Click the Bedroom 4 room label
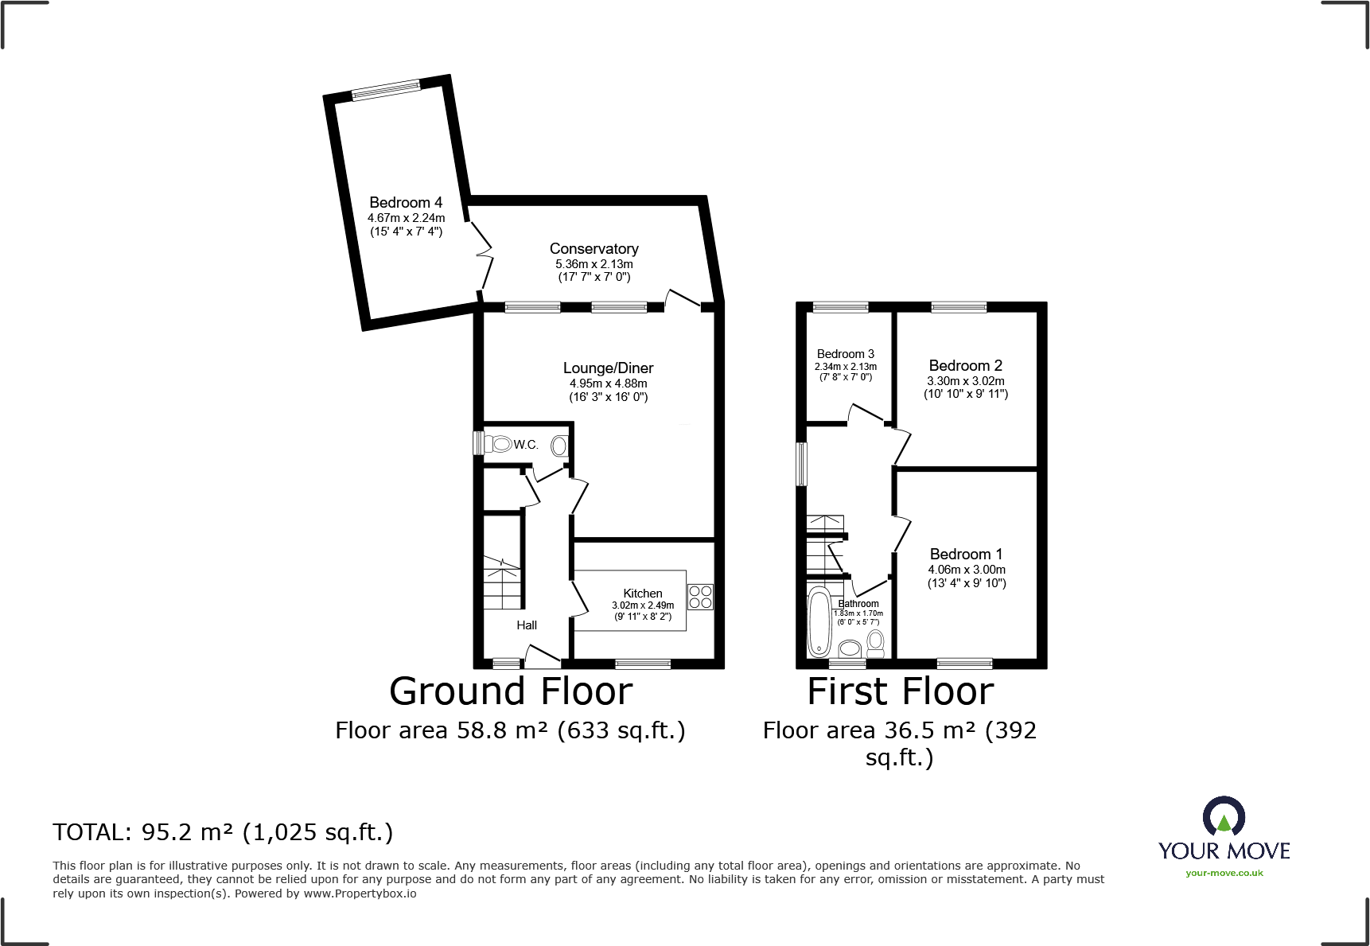[x=406, y=202]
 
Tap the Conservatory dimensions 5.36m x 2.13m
[x=594, y=263]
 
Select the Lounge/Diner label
[x=608, y=368]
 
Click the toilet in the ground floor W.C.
[x=499, y=444]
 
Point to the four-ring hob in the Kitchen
[x=700, y=597]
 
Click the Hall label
[x=527, y=625]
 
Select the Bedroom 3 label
[x=845, y=353]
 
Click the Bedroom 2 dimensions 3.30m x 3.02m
[x=965, y=380]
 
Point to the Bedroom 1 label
[x=966, y=554]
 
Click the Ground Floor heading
[x=511, y=691]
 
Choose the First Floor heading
[x=900, y=691]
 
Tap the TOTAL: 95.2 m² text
[x=223, y=831]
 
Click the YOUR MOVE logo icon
[x=1224, y=816]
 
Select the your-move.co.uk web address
[x=1224, y=873]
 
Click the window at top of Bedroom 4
[x=386, y=90]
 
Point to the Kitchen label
[x=643, y=593]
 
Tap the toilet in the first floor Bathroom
[x=876, y=641]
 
